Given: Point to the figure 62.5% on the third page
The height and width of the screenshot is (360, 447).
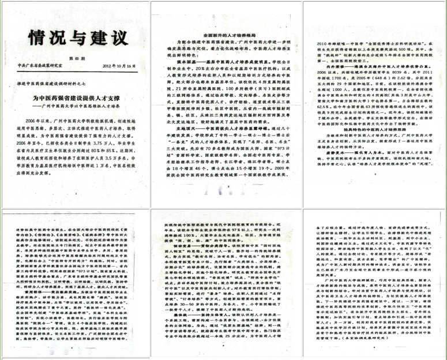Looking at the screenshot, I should (329, 106).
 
